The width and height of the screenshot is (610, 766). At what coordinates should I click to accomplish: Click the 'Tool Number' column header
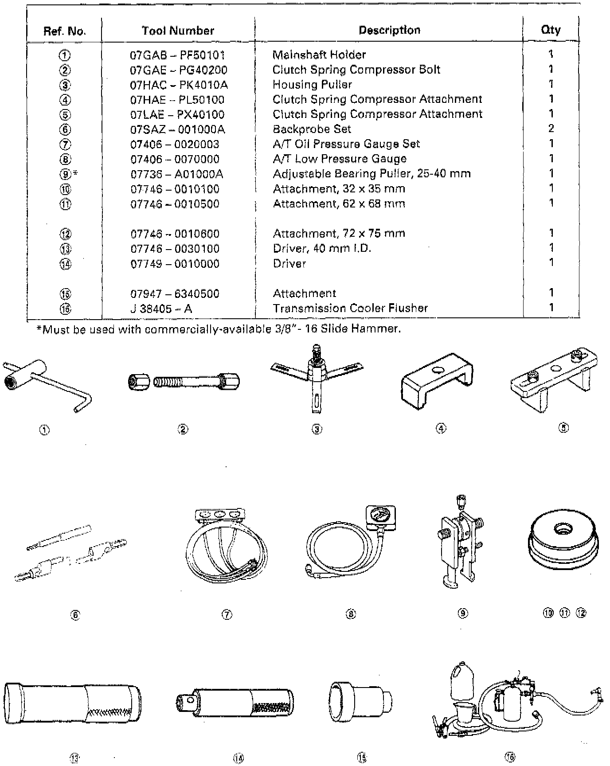coord(178,31)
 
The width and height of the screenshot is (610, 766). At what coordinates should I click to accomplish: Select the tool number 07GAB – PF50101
coord(177,55)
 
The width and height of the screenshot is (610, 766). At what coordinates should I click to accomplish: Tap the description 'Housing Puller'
coord(312,85)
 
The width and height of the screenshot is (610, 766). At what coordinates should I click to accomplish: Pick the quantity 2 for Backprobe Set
coord(551,129)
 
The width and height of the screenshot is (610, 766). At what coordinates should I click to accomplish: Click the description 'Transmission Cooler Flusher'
coord(350,308)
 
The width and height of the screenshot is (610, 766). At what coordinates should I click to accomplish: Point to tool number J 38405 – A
coord(161,309)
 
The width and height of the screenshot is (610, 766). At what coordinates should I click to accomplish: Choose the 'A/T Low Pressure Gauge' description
coord(340,159)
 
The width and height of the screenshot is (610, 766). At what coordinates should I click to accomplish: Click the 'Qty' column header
coord(551,30)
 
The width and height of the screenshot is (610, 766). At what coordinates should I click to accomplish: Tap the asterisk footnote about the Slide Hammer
coord(218,329)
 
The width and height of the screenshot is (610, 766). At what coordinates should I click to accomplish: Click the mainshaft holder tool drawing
coord(47,385)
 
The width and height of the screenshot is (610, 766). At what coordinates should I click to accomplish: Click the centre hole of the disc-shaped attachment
coord(563,528)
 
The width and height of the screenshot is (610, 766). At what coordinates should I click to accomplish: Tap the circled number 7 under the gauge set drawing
coord(226,614)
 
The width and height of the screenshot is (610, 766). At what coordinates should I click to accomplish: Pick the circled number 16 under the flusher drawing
coord(510,757)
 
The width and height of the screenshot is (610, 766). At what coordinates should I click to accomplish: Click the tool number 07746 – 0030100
coord(175,249)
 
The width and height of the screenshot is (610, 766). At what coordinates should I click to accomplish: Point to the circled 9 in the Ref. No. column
coord(65,174)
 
